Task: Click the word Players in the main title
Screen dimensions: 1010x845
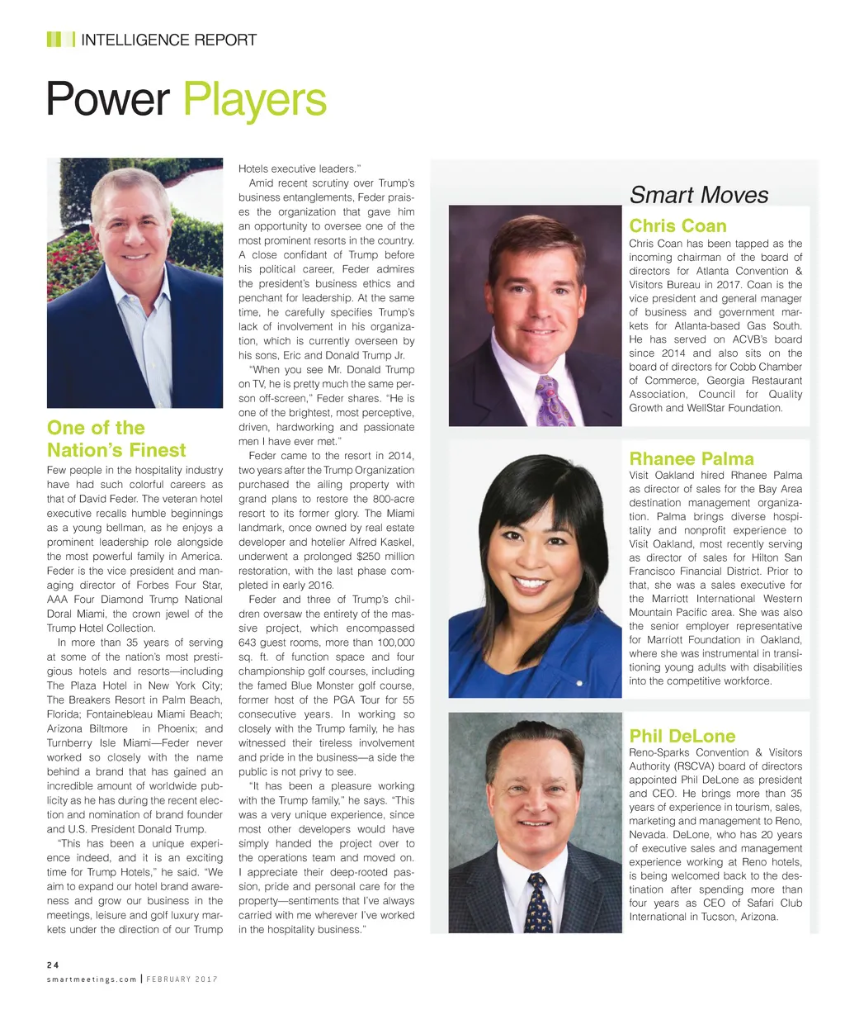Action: click(x=255, y=101)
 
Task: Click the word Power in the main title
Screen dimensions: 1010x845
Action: click(x=107, y=101)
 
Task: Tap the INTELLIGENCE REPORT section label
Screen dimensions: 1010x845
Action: click(x=169, y=40)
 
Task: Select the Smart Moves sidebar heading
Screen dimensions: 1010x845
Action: click(x=699, y=196)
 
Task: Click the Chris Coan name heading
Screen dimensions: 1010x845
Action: click(x=677, y=226)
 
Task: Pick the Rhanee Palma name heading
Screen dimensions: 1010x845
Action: click(x=692, y=459)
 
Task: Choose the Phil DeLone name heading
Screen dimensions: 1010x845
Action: click(x=682, y=736)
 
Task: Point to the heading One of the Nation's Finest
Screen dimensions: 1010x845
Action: click(x=116, y=439)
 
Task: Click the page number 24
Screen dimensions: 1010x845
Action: click(x=53, y=964)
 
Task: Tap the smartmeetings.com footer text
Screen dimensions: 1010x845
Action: click(x=92, y=979)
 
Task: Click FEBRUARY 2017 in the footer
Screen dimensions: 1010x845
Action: click(x=183, y=979)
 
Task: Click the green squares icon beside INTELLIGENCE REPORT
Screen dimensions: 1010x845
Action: click(x=55, y=40)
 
